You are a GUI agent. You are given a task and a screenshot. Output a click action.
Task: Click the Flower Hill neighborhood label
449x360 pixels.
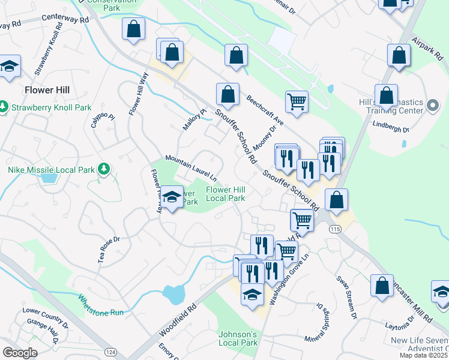point(47,90)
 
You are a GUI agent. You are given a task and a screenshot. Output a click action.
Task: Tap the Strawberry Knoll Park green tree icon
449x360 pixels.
point(4,107)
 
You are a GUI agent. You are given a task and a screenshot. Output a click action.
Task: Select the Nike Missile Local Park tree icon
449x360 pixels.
point(104,170)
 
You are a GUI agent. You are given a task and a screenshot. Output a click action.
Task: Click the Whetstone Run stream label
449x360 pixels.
point(100,304)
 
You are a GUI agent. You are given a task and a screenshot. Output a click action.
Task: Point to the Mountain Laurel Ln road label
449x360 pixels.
point(191,169)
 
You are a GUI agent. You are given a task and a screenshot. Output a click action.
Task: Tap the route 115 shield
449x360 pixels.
point(335,229)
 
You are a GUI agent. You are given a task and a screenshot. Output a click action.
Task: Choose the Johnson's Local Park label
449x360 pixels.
point(238,338)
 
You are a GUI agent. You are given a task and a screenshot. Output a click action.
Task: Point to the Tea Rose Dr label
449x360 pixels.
point(109,249)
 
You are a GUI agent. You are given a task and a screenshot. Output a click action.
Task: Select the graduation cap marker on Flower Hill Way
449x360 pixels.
point(172,197)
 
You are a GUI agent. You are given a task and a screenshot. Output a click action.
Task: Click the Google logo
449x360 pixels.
point(20,353)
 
